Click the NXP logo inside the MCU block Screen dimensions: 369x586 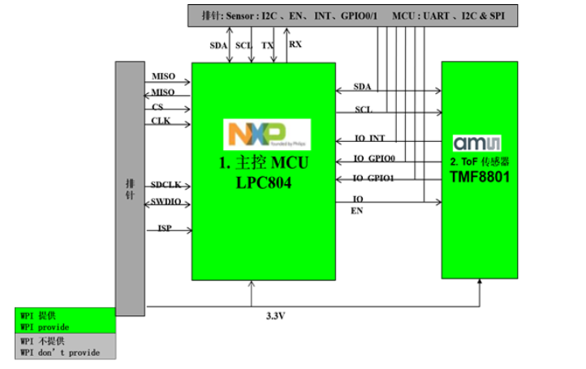(266, 133)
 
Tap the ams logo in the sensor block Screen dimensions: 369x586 (479, 143)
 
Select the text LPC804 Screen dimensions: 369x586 (264, 183)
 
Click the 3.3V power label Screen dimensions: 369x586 (276, 315)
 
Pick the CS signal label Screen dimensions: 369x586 (157, 107)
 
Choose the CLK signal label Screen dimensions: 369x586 (160, 121)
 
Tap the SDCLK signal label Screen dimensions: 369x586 (166, 184)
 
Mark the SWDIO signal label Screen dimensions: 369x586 (166, 201)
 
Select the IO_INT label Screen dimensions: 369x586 (370, 138)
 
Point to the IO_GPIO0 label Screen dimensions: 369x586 (374, 158)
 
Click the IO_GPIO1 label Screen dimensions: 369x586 (374, 178)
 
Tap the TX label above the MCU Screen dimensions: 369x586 (268, 45)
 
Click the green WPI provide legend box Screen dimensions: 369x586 (66, 320)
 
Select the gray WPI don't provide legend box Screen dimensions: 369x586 (66, 347)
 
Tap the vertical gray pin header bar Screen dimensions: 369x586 (131, 187)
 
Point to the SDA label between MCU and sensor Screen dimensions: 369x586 (363, 87)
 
